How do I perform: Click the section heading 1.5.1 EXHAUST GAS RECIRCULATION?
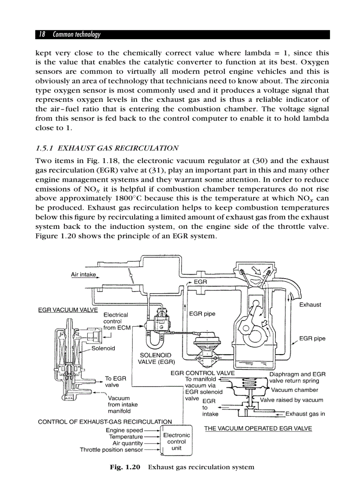pos(107,148)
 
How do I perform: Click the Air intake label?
pos(83,274)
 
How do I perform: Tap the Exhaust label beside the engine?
pos(310,305)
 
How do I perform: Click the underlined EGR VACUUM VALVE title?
pos(67,310)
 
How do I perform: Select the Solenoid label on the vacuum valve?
pos(103,348)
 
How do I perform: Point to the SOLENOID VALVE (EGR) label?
pos(155,359)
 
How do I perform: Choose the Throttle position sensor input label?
pos(111,450)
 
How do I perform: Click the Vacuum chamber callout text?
pos(294,390)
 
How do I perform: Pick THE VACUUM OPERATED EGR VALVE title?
pos(258,428)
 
